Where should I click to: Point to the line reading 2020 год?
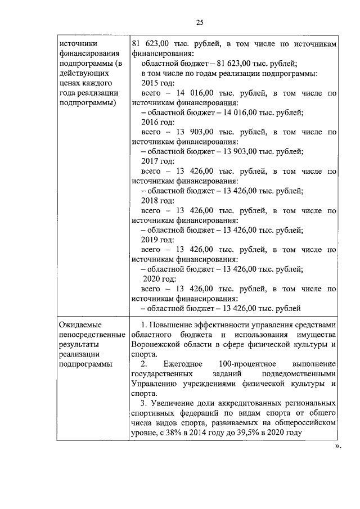(160, 279)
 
